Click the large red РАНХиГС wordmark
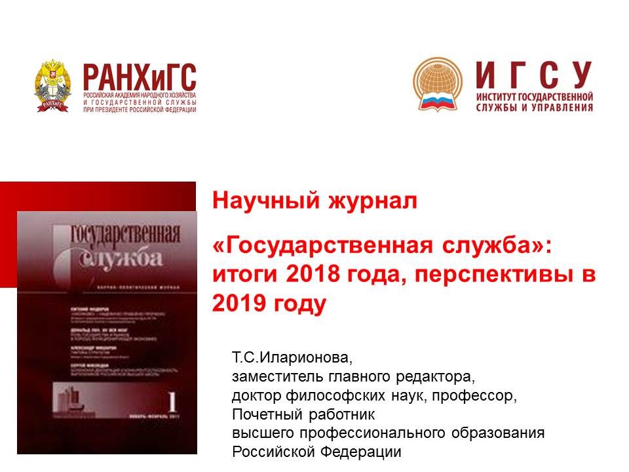point(139,77)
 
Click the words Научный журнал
point(314,201)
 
